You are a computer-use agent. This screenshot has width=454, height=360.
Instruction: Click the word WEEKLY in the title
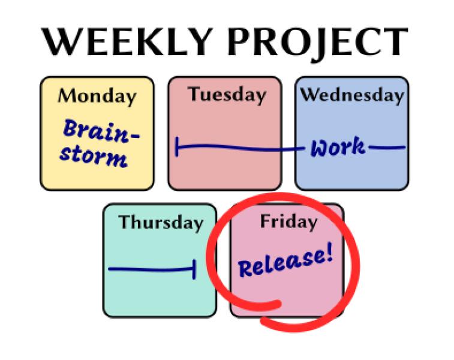pyautogui.click(x=127, y=42)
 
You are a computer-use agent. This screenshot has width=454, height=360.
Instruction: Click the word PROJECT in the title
pyautogui.click(x=317, y=43)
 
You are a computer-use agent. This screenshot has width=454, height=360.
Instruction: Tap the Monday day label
pyautogui.click(x=97, y=97)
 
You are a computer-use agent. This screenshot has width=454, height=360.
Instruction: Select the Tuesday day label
pyautogui.click(x=227, y=95)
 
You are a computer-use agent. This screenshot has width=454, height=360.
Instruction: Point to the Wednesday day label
pyautogui.click(x=352, y=95)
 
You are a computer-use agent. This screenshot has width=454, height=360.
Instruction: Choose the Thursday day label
pyautogui.click(x=161, y=223)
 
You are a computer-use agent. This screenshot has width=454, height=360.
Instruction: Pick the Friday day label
pyautogui.click(x=288, y=222)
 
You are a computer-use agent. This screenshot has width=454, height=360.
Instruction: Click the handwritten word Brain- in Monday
pyautogui.click(x=101, y=131)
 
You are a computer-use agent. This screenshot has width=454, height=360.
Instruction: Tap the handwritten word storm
pyautogui.click(x=94, y=157)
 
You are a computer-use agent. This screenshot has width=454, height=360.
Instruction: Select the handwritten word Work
pyautogui.click(x=338, y=147)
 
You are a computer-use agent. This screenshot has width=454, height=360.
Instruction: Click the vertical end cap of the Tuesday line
pyautogui.click(x=177, y=146)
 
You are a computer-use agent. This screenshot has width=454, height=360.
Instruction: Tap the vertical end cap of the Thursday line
pyautogui.click(x=194, y=269)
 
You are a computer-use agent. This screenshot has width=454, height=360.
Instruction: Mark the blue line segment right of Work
pyautogui.click(x=387, y=148)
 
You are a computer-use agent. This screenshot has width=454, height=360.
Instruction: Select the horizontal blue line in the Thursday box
pyautogui.click(x=151, y=269)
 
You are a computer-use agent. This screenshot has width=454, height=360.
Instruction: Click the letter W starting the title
pyautogui.click(x=61, y=42)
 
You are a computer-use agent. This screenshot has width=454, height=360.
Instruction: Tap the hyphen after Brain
pyautogui.click(x=134, y=136)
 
